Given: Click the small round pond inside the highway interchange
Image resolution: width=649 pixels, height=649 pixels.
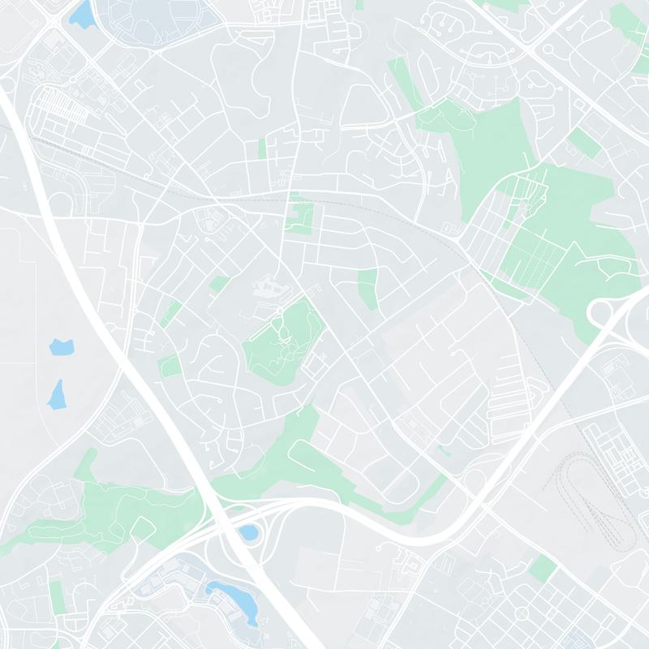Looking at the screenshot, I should tap(247, 533).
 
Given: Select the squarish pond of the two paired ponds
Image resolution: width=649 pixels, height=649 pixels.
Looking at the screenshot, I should tap(61, 347).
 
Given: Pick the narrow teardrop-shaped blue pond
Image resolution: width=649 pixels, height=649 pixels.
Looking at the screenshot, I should tap(57, 394).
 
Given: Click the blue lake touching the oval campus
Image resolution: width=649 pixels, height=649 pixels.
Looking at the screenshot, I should tap(82, 14).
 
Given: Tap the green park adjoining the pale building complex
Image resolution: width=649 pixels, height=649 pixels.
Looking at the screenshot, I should tap(284, 341).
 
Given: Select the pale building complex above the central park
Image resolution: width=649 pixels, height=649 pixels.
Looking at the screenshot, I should tap(268, 288).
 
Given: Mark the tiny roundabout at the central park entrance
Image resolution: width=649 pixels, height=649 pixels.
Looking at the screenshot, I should tap(280, 311).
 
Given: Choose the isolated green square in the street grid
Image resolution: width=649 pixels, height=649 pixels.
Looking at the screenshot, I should tap(542, 569).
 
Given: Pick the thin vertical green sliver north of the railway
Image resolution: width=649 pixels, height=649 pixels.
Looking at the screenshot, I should tap(262, 148).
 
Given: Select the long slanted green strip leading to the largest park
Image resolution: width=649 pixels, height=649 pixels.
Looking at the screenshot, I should tap(402, 81).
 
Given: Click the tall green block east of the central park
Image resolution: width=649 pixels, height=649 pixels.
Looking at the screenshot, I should tap(368, 288).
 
